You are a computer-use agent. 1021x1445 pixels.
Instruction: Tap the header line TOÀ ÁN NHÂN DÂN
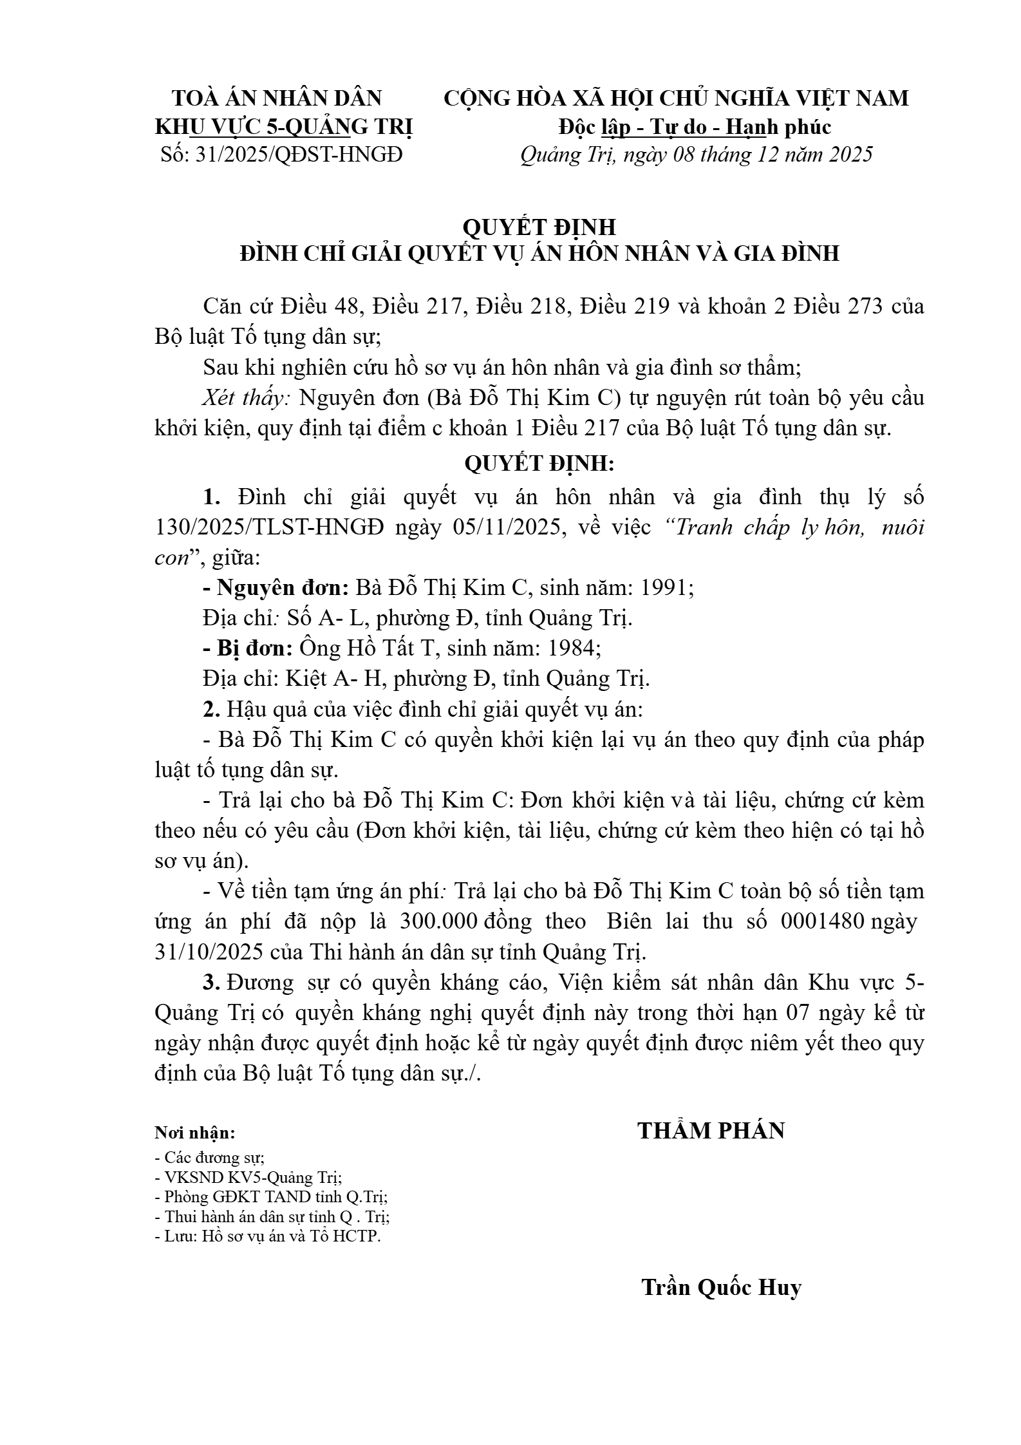click(x=277, y=98)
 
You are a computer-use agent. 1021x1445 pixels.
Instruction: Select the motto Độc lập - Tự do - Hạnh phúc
click(x=695, y=127)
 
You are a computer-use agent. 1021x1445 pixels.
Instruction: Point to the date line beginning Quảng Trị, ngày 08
click(x=696, y=155)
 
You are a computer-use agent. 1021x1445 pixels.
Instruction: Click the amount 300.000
click(x=438, y=921)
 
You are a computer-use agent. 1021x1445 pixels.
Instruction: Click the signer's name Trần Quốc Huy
click(x=721, y=1287)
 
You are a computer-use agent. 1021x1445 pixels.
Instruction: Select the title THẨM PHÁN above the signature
click(x=711, y=1131)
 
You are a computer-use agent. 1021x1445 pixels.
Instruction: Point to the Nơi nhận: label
click(x=195, y=1133)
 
